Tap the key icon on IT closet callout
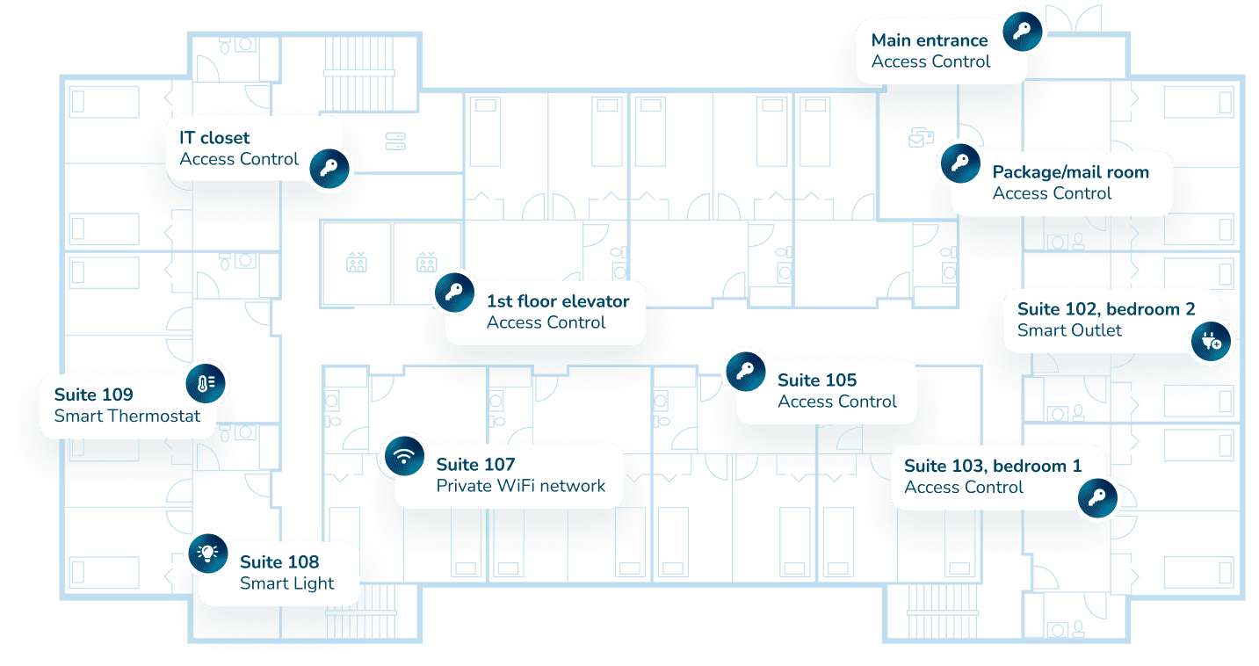coord(330,168)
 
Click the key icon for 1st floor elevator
coord(453,291)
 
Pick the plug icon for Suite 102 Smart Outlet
coord(1212,340)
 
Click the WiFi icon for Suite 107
coord(404,456)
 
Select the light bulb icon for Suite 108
coord(207,552)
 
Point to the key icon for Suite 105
coord(745,370)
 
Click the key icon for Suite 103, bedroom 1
coord(1096,499)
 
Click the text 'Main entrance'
coord(930,40)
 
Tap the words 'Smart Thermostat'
coord(127,416)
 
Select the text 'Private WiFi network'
coord(521,486)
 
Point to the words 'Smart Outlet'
coord(1069,330)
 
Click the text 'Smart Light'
coord(287,583)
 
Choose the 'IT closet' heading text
coord(214,138)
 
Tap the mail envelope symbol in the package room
coord(920,137)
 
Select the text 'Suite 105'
coord(817,380)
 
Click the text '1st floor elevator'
coord(558,301)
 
